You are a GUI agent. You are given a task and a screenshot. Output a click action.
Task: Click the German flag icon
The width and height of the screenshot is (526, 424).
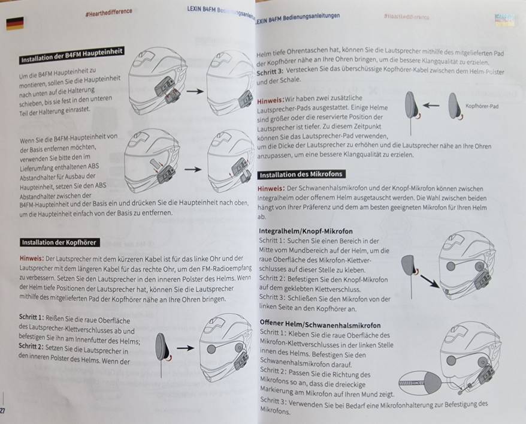click(15, 23)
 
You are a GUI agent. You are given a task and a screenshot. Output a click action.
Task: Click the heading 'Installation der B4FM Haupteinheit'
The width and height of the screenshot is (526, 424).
click(72, 55)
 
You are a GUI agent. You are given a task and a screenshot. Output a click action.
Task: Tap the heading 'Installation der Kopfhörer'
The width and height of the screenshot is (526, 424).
click(59, 242)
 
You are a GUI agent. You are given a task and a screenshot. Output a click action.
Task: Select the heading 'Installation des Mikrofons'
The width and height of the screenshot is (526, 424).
click(301, 175)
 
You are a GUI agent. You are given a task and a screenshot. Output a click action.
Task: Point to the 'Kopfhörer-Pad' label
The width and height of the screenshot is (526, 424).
click(482, 106)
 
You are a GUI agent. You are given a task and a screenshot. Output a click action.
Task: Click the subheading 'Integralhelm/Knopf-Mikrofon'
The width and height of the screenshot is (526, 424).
click(306, 231)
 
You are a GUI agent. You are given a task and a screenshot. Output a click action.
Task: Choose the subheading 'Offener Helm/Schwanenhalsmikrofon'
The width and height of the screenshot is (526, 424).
click(320, 324)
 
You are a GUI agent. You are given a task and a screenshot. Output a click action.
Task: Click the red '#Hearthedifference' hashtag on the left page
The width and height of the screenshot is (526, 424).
click(108, 12)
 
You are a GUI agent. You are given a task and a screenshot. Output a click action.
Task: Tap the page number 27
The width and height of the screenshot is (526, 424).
click(2, 411)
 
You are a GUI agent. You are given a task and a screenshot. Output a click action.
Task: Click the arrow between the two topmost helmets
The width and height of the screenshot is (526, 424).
click(195, 91)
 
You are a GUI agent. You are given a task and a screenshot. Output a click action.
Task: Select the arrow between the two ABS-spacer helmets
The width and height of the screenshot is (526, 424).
click(193, 170)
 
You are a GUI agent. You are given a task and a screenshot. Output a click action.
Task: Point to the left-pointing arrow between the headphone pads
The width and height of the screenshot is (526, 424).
click(431, 106)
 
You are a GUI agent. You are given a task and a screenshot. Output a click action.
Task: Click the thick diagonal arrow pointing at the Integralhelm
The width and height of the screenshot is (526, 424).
click(430, 281)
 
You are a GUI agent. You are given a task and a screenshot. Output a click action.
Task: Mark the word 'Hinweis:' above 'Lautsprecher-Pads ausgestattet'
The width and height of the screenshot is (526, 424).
click(270, 100)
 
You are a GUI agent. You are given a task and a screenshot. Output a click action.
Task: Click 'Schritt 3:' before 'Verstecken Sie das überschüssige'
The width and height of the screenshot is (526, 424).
click(270, 71)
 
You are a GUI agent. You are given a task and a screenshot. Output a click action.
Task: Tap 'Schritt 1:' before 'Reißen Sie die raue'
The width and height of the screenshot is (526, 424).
click(32, 317)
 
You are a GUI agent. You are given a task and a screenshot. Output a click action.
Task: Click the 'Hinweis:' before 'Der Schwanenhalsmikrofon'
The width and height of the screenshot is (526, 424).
click(271, 188)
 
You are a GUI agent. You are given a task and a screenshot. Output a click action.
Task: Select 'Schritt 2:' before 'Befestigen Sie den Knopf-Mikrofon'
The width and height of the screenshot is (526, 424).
click(272, 279)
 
